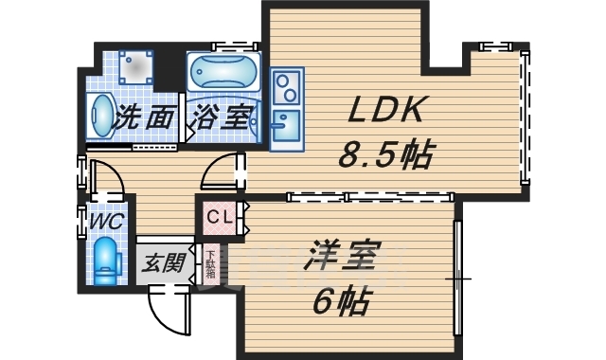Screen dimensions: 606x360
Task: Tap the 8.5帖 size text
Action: (x=385, y=154)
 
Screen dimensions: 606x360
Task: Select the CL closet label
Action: (x=219, y=217)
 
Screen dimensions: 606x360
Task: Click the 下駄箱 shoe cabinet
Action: (x=209, y=263)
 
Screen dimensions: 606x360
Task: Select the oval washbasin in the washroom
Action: (x=100, y=117)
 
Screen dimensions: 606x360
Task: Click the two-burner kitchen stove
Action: (x=285, y=89)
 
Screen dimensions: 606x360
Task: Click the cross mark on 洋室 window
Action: (x=459, y=279)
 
